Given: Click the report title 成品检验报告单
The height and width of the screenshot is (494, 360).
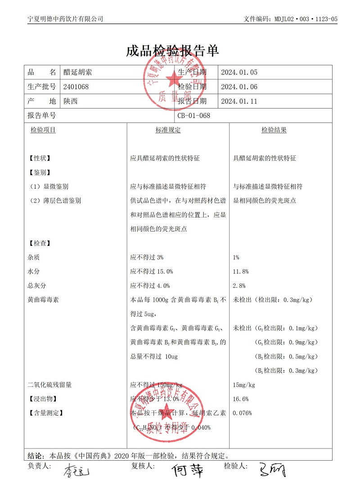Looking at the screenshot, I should coord(173,51).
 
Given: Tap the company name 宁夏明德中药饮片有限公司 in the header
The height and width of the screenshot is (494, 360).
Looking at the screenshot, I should coord(66,19).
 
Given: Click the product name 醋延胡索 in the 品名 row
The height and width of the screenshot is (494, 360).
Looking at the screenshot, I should coord(78,72).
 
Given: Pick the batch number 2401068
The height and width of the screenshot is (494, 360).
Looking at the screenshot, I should coord(76,86).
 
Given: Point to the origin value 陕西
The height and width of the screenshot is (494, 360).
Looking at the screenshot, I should coord(71,101).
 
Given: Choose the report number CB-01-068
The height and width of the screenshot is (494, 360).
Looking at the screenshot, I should coord(194,115).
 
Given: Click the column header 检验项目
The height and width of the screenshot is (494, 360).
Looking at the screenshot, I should coord(43,130).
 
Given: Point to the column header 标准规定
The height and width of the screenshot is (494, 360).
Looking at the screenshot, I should coord(168,130).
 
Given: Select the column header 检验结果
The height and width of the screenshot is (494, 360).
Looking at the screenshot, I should coord(274,130).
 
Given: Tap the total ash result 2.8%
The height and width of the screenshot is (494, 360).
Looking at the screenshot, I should coord(239,286).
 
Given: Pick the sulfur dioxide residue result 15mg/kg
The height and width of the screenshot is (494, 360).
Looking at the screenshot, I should coord(244,385).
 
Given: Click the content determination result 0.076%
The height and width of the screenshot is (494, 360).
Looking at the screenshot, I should coord(242,413).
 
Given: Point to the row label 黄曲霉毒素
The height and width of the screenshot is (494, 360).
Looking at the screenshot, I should coord(43,299).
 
